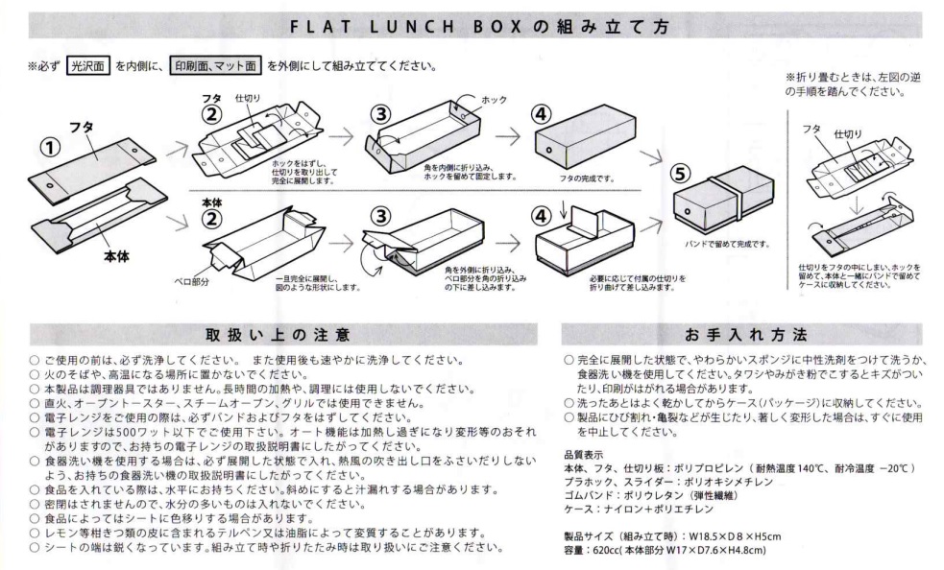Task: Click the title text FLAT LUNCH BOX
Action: (x=406, y=27)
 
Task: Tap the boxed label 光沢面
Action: (x=88, y=65)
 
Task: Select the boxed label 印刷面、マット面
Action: (x=215, y=65)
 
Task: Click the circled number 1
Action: (x=51, y=148)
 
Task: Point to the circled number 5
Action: (x=681, y=174)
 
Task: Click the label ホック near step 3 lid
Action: (x=494, y=100)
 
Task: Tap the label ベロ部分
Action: (x=191, y=281)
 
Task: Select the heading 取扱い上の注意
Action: (x=277, y=335)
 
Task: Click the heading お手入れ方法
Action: (x=746, y=335)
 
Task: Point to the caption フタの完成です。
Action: (x=587, y=178)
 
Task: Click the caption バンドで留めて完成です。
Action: (x=727, y=245)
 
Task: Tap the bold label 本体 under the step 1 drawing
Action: (x=117, y=256)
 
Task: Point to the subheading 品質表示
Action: (x=583, y=455)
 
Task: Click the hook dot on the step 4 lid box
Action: (x=549, y=150)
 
